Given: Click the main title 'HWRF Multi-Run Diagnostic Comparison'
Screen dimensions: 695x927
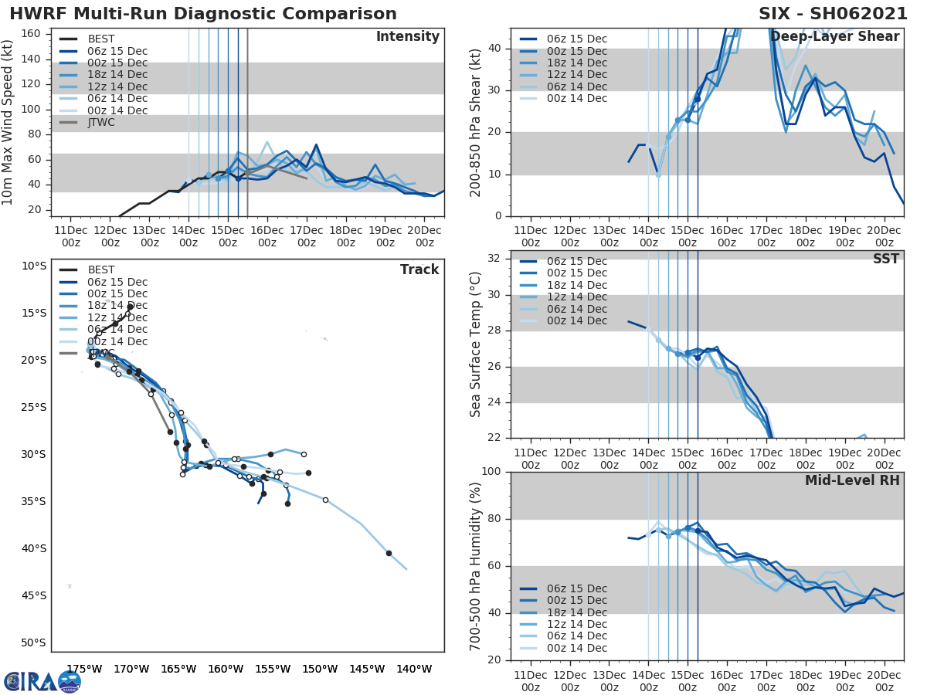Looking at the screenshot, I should [x=203, y=14].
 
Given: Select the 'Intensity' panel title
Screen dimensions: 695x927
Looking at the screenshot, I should [x=407, y=37].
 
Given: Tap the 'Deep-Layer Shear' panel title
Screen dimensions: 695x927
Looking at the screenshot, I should [x=834, y=37].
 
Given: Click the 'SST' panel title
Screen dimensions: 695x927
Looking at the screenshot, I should [x=885, y=259].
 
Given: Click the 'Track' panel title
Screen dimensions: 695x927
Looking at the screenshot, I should [x=419, y=270].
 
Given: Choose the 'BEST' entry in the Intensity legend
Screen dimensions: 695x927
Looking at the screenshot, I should [x=101, y=39].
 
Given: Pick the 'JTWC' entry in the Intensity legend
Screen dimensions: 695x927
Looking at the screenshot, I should [x=101, y=122].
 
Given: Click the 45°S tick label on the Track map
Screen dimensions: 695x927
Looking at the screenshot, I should [x=33, y=595].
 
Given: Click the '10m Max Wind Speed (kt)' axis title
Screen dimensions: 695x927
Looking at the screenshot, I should [x=8, y=122].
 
